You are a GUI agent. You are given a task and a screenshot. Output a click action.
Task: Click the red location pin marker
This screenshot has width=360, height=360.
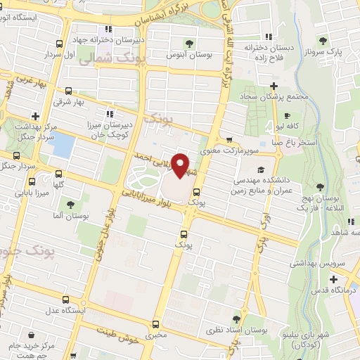pyautogui.click(x=181, y=165)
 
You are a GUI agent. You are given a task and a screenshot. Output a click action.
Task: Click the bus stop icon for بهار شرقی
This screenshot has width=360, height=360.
pyautogui.click(x=68, y=91)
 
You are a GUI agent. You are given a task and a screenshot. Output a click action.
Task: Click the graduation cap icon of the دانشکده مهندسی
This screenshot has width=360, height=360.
pyautogui.click(x=261, y=169)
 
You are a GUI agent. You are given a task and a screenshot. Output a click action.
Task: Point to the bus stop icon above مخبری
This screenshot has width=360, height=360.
pyautogui.click(x=155, y=323)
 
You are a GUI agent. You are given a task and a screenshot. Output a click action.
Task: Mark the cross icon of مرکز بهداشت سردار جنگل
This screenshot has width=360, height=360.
pyautogui.click(x=34, y=115)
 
